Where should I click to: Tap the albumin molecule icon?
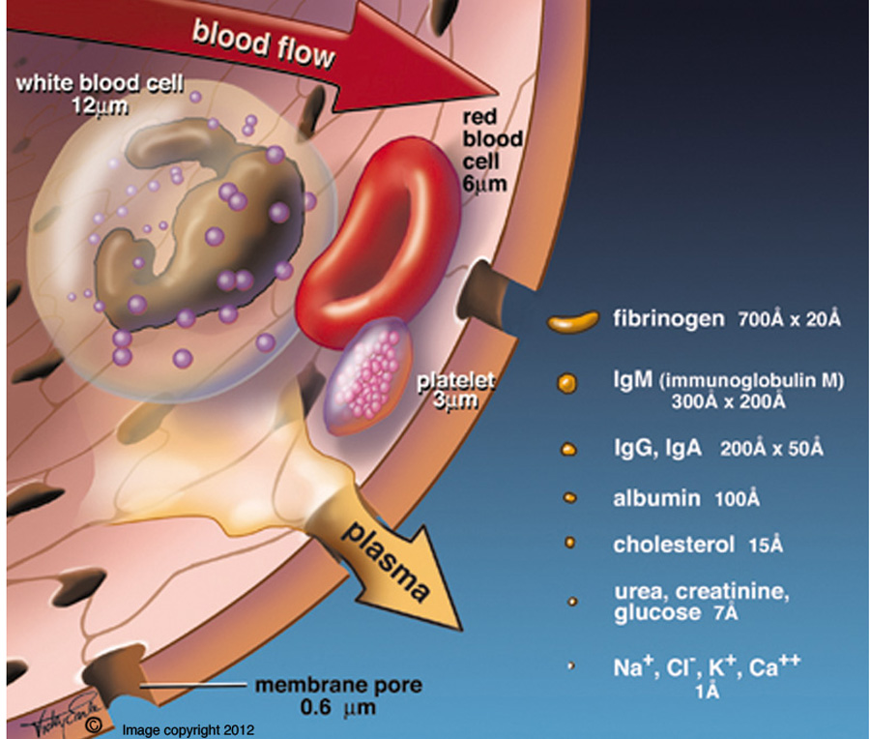569,498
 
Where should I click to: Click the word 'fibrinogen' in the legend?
668,319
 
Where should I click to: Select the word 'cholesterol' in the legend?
674,545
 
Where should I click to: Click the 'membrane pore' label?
338,687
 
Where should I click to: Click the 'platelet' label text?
455,379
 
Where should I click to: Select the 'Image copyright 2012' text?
188,728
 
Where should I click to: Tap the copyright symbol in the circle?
93,723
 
